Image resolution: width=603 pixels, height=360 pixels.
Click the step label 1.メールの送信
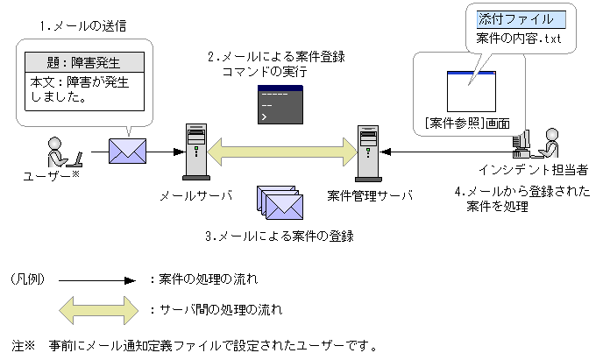[x=84, y=26]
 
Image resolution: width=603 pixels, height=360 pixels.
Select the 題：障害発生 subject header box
[x=83, y=63]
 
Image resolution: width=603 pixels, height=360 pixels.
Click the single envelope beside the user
[x=128, y=151]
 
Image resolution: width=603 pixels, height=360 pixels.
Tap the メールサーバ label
[x=196, y=195]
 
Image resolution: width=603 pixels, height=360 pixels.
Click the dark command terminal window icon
[x=280, y=102]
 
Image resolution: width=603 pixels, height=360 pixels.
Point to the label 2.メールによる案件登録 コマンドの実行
[x=276, y=65]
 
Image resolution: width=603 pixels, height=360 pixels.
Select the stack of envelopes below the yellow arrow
[x=280, y=203]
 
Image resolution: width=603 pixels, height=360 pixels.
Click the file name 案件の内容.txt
[x=519, y=39]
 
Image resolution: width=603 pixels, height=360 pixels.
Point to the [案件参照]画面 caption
[x=466, y=122]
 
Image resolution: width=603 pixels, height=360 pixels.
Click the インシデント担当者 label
[x=526, y=168]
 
